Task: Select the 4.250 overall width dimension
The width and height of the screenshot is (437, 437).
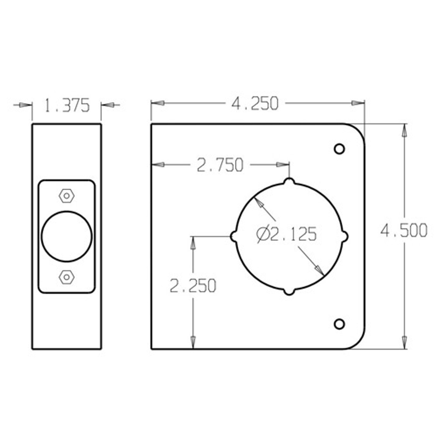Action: point(255,103)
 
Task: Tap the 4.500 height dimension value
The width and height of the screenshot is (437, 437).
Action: point(404,231)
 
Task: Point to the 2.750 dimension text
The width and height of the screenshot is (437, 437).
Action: point(220,165)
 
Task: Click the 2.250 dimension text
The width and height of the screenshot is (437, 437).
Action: point(193,286)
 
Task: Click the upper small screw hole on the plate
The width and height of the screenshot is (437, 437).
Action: point(339,149)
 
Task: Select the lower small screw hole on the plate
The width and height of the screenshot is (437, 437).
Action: point(339,324)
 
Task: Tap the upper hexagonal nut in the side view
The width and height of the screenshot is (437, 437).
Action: point(67,196)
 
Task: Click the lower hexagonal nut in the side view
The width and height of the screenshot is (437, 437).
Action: point(67,277)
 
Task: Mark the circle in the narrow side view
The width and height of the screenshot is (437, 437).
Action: point(67,236)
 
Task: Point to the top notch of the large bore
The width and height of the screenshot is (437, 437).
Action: point(289,181)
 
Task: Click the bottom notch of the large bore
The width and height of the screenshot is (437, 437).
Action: point(289,292)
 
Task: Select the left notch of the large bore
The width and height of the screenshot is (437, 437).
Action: point(234,236)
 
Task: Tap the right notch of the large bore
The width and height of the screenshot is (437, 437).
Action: point(345,236)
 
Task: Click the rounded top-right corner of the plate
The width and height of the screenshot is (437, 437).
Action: point(358,130)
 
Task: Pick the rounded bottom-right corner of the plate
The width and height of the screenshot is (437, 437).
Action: point(358,342)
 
